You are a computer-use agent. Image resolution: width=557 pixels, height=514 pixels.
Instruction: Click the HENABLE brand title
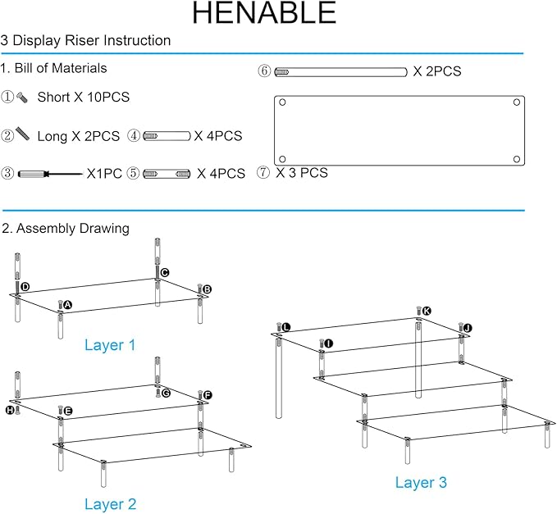[264, 13]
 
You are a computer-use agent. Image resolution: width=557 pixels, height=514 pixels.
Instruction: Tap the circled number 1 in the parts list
[7, 97]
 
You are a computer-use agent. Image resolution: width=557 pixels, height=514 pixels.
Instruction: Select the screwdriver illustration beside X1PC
[50, 174]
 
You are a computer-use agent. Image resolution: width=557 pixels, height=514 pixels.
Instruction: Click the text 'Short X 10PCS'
[84, 97]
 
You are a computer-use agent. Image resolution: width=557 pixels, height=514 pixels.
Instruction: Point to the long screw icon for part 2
[22, 134]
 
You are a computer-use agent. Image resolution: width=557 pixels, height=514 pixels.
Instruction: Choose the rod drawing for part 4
[167, 136]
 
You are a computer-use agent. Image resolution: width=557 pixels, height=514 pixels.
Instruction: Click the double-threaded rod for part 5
[167, 174]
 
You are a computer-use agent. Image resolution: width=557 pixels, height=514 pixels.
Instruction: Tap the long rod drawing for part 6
[340, 72]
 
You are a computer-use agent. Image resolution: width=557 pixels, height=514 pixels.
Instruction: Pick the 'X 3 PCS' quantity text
[302, 173]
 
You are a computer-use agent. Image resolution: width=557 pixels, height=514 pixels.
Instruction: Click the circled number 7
[263, 172]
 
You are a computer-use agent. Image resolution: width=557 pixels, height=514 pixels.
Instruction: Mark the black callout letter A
[67, 305]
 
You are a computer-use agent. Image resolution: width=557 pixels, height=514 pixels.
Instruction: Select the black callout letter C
[164, 273]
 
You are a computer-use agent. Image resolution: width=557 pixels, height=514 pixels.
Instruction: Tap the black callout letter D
[25, 287]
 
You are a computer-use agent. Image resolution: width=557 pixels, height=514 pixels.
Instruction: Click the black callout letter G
[166, 393]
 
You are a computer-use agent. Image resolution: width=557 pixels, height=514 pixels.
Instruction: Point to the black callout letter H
[10, 411]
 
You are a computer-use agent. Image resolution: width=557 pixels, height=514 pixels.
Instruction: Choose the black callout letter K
[427, 312]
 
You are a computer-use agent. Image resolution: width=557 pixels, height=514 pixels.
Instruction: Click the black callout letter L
[286, 327]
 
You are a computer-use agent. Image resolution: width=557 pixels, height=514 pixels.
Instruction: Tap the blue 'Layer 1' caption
[110, 345]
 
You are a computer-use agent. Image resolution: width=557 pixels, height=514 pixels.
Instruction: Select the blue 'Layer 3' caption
[421, 483]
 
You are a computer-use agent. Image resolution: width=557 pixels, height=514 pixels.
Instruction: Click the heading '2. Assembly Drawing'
[66, 229]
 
